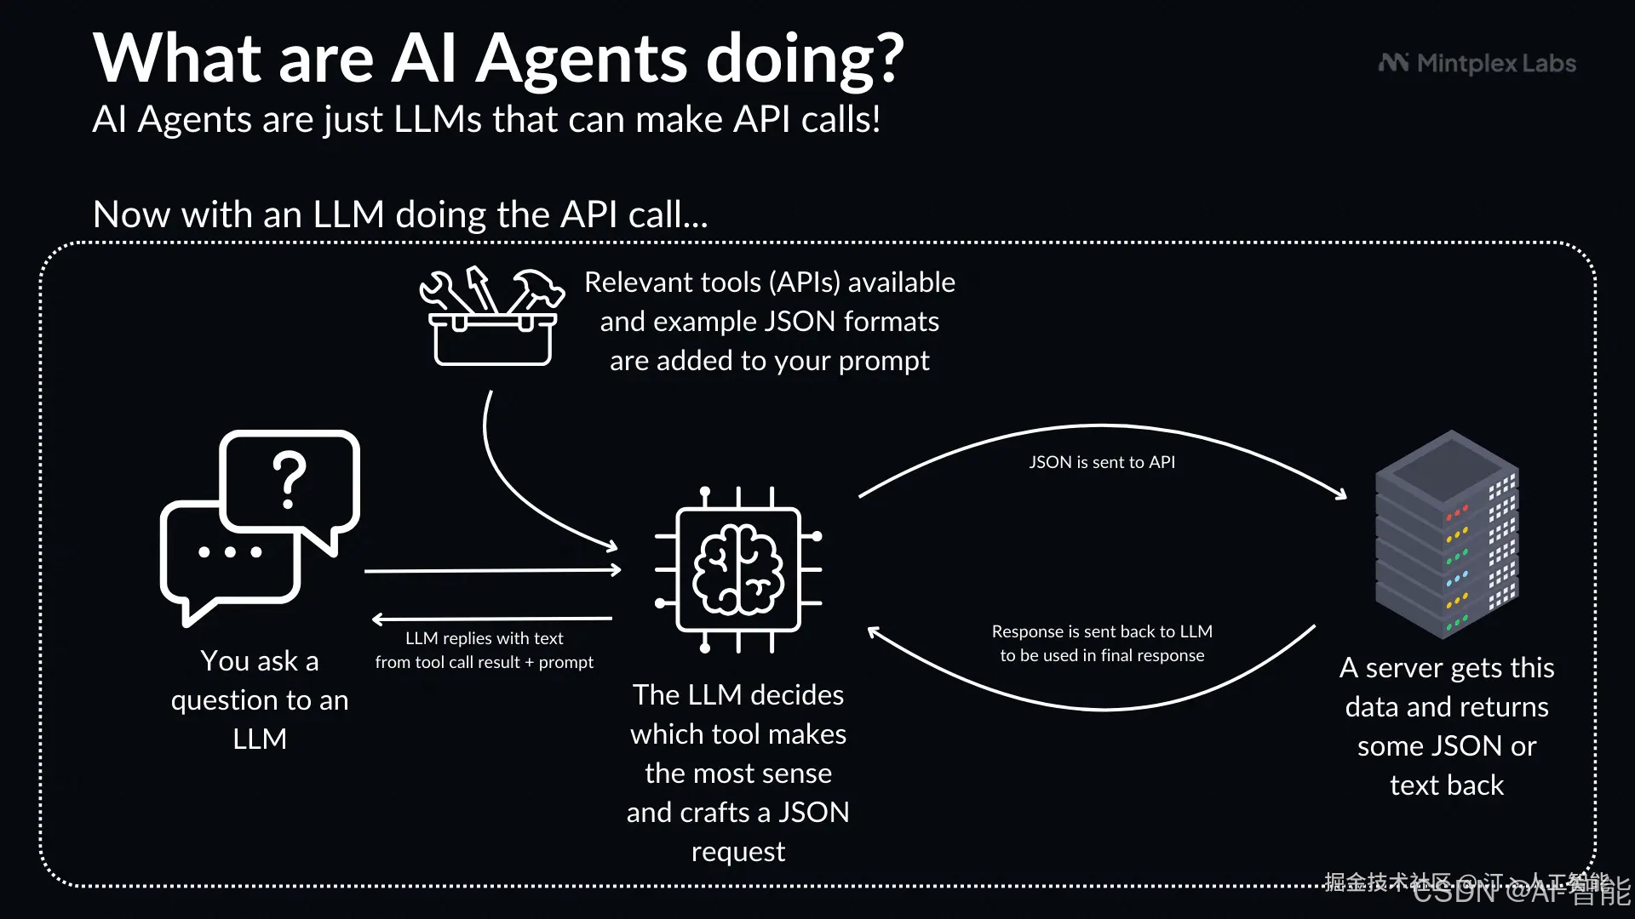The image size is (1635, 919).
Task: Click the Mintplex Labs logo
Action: [x=1477, y=64]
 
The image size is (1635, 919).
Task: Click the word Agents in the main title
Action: [x=582, y=60]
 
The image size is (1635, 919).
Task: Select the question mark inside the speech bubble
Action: [x=290, y=479]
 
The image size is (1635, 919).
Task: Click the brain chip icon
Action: [x=738, y=569]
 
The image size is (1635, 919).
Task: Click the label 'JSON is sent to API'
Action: [x=1101, y=462]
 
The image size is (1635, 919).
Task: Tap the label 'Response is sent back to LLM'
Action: [x=1101, y=631]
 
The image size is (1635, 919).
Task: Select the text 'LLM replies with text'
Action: [x=484, y=638]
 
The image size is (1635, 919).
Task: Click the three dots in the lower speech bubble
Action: [x=230, y=551]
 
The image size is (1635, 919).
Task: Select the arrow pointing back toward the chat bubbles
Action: [x=492, y=619]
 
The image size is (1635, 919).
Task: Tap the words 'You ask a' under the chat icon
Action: [x=260, y=661]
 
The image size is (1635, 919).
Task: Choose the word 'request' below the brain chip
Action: [x=738, y=852]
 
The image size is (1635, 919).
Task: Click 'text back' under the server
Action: [x=1447, y=785]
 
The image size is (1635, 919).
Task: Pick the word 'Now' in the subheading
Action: [x=132, y=214]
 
